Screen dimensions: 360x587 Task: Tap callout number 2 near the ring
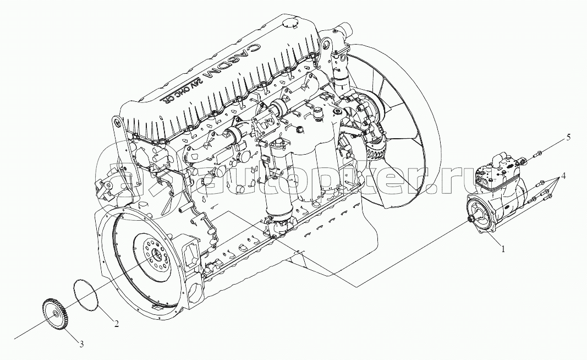click(x=117, y=323)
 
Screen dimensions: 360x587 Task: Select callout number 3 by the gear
click(x=81, y=345)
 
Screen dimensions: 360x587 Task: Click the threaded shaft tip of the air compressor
click(x=471, y=220)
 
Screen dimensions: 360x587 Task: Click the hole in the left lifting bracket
click(x=116, y=123)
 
